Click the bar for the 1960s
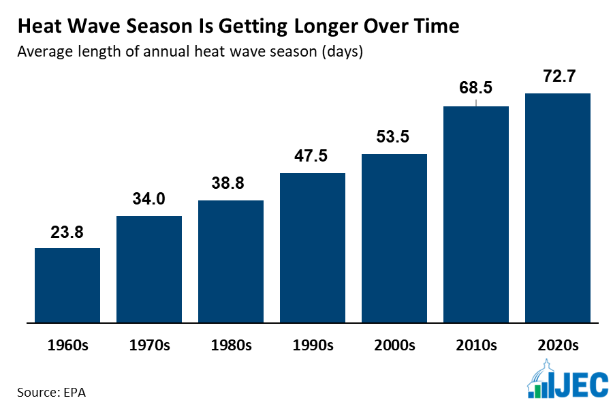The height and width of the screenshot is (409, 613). coord(67,285)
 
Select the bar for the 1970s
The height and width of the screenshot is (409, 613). coord(149,269)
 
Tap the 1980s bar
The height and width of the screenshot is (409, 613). coord(231,261)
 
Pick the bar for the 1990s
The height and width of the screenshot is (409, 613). coord(313,247)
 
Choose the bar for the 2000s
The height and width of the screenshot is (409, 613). coord(394,238)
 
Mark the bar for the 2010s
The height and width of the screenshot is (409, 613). coord(476,214)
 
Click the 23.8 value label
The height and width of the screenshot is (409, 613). coord(67,232)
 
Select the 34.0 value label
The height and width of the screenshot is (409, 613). coord(149,200)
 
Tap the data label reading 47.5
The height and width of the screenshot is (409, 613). coord(313,156)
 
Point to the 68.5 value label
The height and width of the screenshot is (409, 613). coord(476,89)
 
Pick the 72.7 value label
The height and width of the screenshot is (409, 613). coord(558,76)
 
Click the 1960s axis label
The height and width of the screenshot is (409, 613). coord(67,345)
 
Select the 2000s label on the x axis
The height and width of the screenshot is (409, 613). coord(394,345)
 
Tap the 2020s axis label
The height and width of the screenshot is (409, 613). coord(558,345)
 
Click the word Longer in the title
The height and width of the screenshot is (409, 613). coord(323,27)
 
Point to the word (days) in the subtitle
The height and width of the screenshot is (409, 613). coord(338,52)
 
